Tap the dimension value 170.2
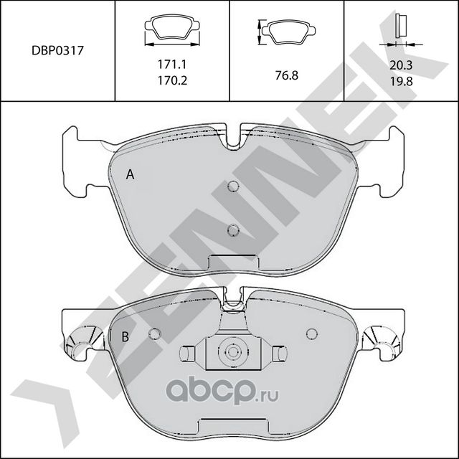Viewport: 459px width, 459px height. coord(172,81)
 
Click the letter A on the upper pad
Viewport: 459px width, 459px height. coord(130,174)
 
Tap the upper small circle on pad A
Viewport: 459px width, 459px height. coord(232,188)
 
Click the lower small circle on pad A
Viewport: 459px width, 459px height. coord(232,230)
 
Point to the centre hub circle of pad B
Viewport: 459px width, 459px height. coord(231,353)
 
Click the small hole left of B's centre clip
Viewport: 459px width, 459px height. coord(154,333)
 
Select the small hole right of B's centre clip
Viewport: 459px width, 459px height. coord(311,333)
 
